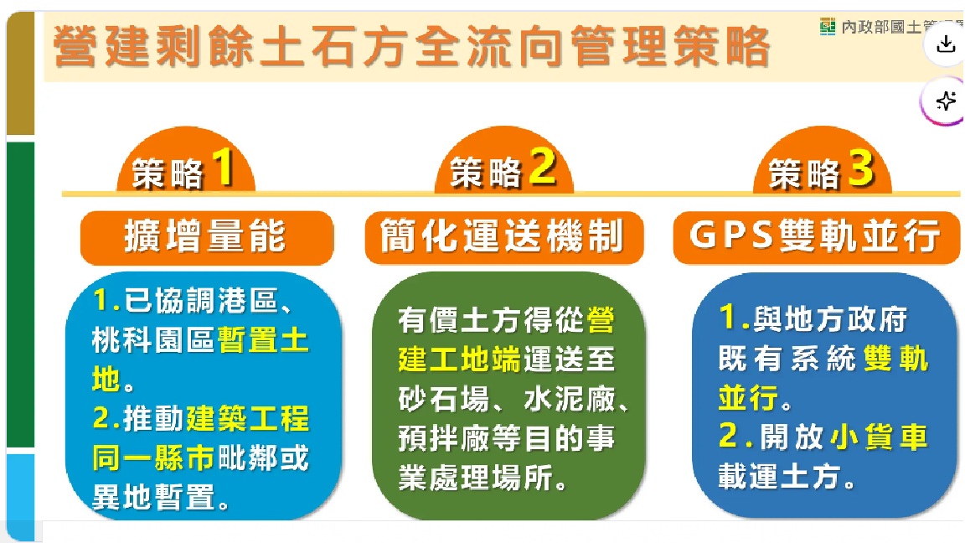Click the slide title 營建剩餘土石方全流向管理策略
[410, 46]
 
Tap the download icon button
[946, 44]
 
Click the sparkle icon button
[946, 101]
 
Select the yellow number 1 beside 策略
[222, 168]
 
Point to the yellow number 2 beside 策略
[542, 168]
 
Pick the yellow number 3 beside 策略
[860, 168]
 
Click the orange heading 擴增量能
[205, 237]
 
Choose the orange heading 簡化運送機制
[503, 237]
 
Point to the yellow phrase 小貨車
[879, 437]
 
